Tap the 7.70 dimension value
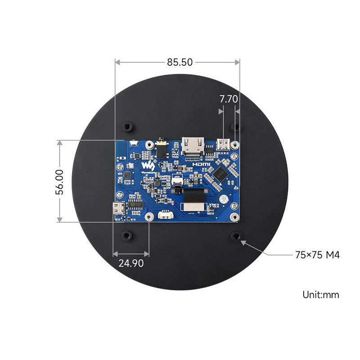click(228, 99)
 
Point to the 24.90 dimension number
click(131, 263)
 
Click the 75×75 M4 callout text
click(317, 255)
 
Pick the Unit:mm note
click(320, 295)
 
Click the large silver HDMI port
click(192, 145)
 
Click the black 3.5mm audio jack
click(161, 148)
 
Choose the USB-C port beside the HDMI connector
click(223, 144)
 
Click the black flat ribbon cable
click(194, 198)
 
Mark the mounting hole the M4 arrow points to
click(235, 236)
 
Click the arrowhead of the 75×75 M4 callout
click(243, 242)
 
